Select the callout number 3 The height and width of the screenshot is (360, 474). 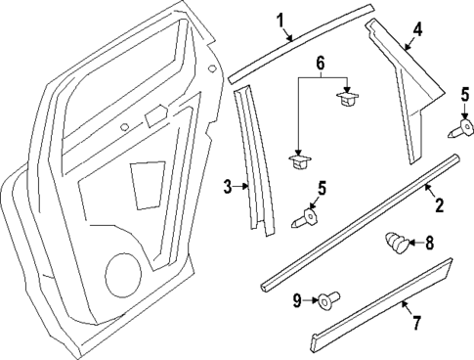227,186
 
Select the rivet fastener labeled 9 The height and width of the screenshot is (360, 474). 327,301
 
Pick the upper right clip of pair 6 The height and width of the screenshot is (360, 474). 344,98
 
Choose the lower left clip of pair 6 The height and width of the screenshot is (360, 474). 296,159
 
